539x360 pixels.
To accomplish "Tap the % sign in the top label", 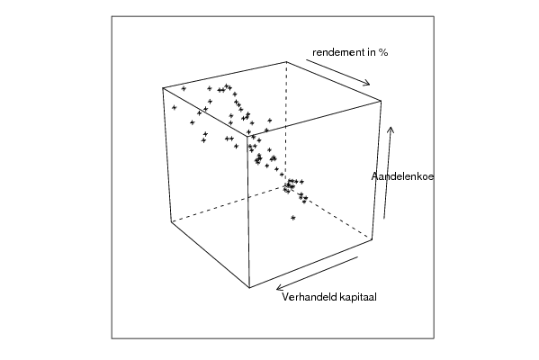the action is tap(383, 52).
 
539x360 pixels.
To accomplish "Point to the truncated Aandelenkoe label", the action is tap(402, 176).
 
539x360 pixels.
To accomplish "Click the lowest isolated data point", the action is tap(292, 218).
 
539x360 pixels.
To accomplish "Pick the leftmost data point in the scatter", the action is tap(175, 108).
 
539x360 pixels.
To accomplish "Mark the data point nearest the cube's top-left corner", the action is tap(184, 89).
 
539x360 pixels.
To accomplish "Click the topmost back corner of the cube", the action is tap(286, 62).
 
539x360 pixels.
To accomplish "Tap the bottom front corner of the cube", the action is tap(249, 287).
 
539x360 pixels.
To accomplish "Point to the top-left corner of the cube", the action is tap(163, 88).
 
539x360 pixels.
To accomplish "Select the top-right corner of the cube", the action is tap(381, 101).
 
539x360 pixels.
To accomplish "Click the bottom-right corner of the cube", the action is tap(372, 239).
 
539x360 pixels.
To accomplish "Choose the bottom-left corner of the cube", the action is tap(172, 221).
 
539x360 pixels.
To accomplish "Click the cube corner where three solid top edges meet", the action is tap(247, 136).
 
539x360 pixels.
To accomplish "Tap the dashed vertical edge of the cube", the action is tap(286, 124).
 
